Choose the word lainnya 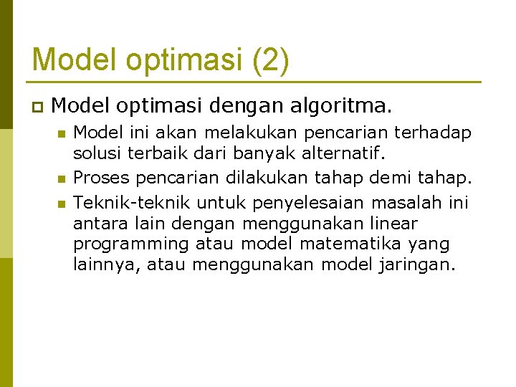click(x=106, y=265)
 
